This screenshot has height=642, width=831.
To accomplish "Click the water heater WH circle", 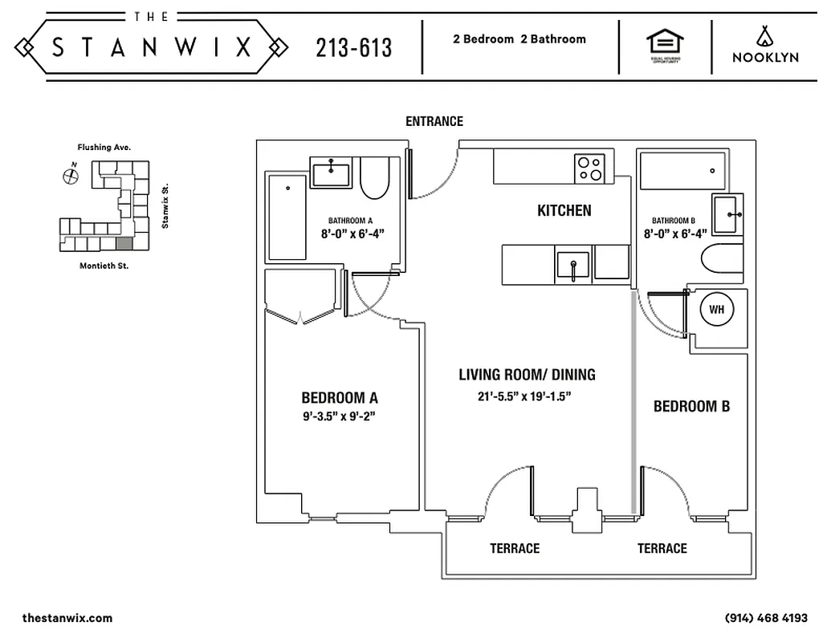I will coord(715,307).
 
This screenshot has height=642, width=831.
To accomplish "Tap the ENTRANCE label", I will coord(434,121).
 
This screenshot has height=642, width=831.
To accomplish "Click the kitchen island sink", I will coord(572,266).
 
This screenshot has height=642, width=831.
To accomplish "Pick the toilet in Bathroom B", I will coord(724,259).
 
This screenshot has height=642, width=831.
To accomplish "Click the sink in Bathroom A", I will coord(331,173).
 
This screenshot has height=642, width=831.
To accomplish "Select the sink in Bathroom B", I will coord(728,214).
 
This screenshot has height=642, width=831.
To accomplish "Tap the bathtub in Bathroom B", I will coord(682,170).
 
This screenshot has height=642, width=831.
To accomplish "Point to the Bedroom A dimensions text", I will coord(340,416).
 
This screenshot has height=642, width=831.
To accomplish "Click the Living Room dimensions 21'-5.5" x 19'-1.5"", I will coord(527,396).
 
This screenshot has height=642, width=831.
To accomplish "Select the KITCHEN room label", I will coord(564,211).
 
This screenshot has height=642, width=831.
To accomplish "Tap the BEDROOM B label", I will coord(691,406).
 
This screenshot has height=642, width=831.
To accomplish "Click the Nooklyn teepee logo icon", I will coord(764,35).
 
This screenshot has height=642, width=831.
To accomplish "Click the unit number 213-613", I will coord(354,48).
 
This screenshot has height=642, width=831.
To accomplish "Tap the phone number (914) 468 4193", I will coord(766,618).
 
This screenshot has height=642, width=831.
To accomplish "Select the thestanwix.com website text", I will coord(67,618).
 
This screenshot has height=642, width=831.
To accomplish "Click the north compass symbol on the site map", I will coord(71,174).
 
